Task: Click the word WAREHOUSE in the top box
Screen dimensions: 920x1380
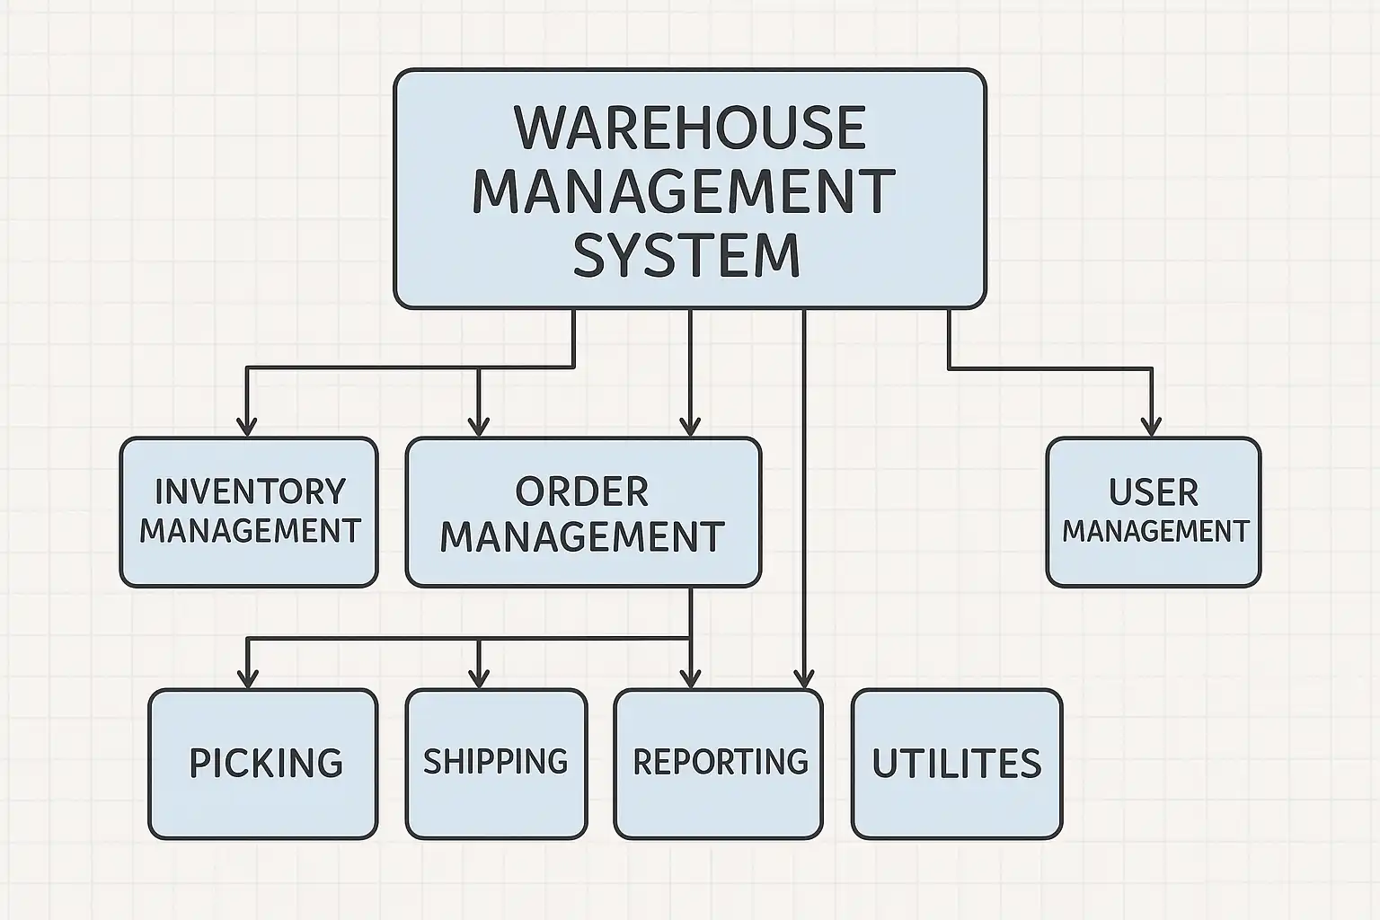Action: tap(689, 128)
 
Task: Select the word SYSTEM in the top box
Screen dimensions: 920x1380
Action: tap(686, 255)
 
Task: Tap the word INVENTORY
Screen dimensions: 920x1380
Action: tap(250, 492)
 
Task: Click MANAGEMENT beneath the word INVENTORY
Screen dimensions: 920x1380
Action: tap(250, 531)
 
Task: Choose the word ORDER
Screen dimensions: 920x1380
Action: tap(581, 492)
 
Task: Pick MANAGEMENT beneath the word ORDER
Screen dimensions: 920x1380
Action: tap(581, 536)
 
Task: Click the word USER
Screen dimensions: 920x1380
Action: tap(1154, 493)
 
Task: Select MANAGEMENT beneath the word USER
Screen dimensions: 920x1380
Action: tap(1155, 532)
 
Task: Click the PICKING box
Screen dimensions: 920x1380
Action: tap(263, 764)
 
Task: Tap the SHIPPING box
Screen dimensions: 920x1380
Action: tap(496, 764)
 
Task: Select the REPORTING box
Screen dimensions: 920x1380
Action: tap(719, 764)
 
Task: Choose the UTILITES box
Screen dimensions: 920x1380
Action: tap(956, 764)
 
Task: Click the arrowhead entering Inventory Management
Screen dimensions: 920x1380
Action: tap(247, 427)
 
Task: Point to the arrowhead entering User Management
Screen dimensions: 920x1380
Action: tap(1152, 427)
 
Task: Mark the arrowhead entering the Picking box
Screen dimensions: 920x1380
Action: tap(247, 678)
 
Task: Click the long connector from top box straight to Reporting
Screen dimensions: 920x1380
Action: tap(804, 494)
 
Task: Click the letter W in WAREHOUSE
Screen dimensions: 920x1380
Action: tap(540, 128)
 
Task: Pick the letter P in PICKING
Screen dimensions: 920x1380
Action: tap(199, 764)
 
